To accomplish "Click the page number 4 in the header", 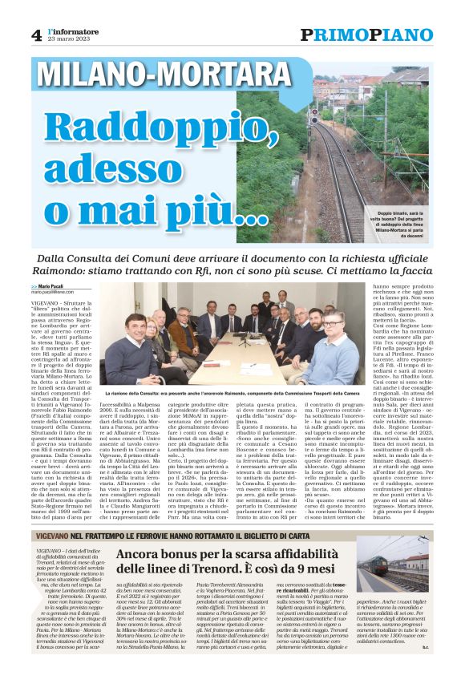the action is click(x=36, y=34).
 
